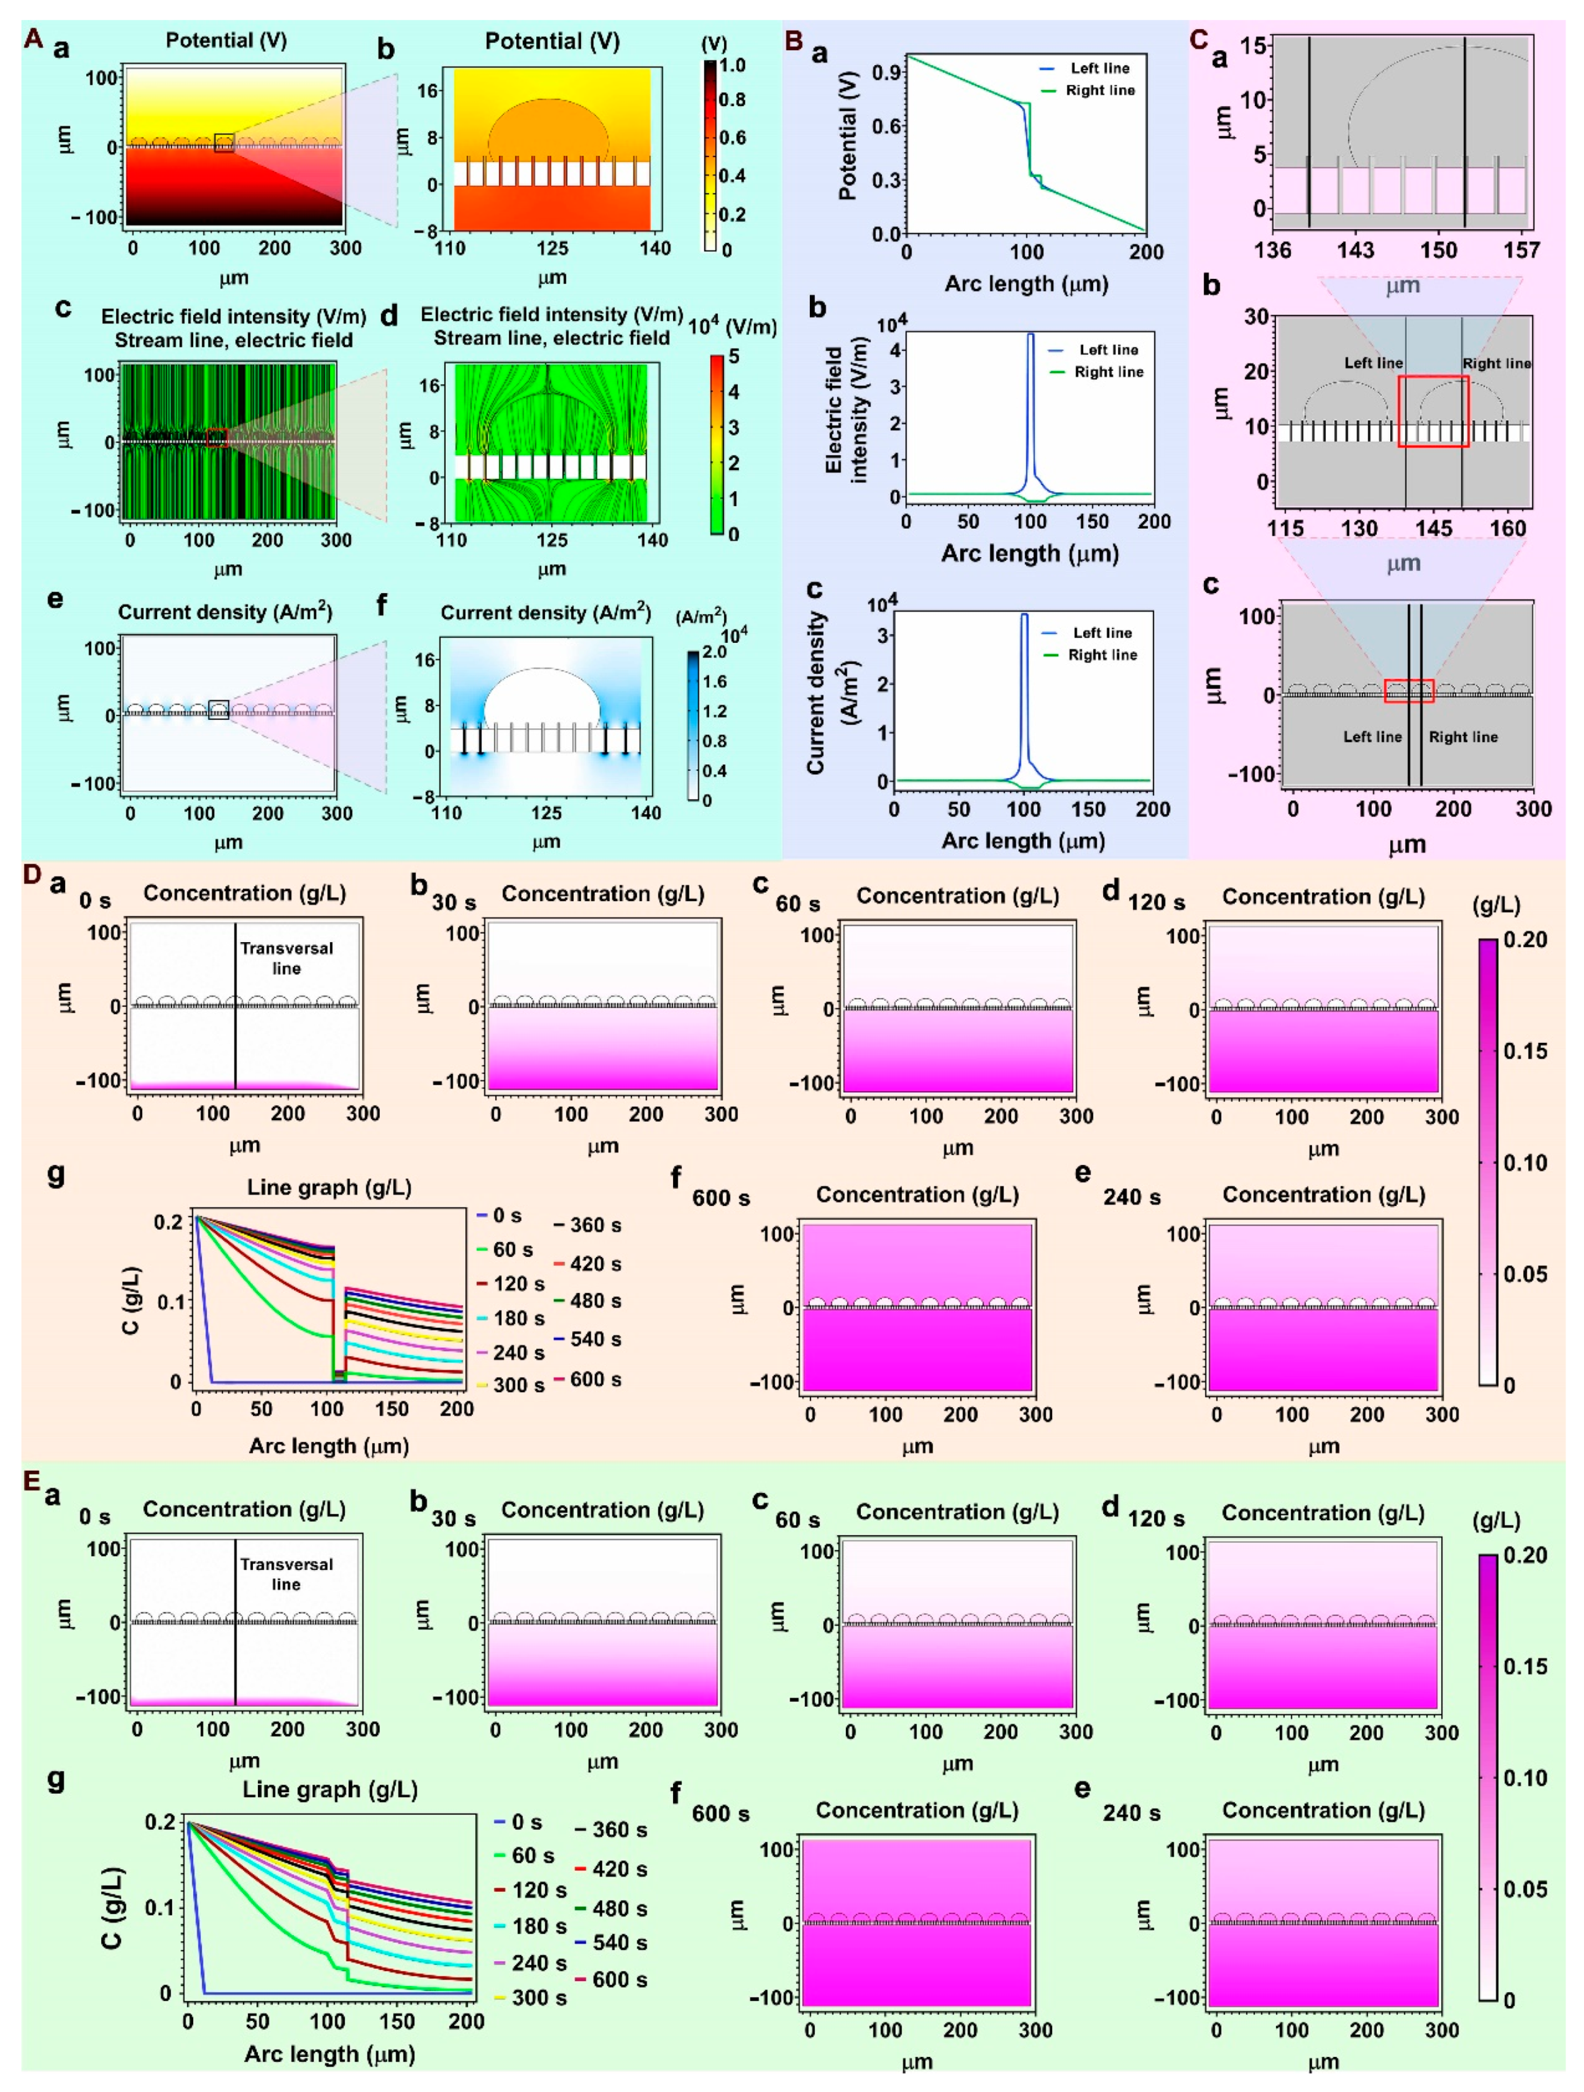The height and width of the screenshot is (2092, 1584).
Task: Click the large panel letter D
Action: point(32,875)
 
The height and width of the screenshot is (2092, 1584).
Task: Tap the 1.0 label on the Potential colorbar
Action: point(732,65)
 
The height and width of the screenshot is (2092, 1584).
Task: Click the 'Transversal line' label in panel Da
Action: point(286,958)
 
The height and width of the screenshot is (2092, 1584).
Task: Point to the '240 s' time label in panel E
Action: point(1131,1813)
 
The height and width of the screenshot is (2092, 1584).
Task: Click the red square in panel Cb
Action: point(1433,410)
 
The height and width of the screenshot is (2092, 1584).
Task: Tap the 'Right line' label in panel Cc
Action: point(1463,737)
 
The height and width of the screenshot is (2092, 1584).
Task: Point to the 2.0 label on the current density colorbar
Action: point(714,651)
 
